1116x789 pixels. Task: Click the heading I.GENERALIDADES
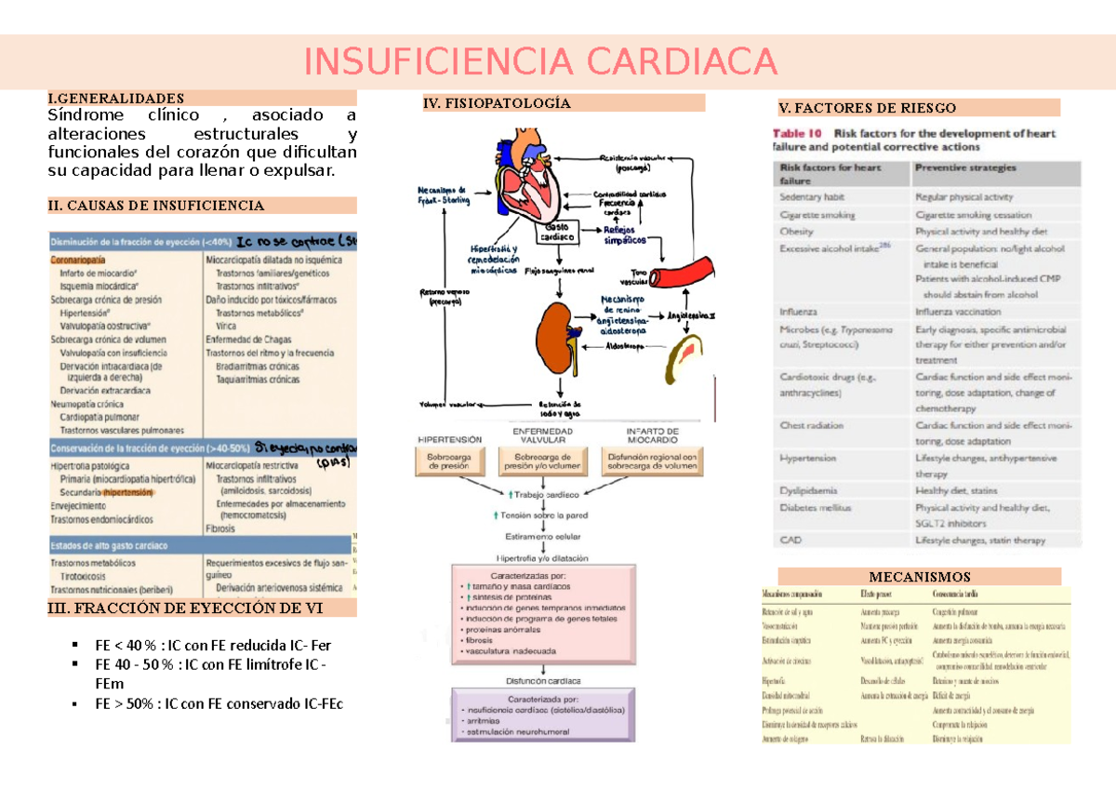116,98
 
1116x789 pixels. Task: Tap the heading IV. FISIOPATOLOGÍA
497,103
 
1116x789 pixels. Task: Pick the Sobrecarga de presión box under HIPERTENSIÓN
450,462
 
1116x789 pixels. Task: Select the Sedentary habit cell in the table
812,197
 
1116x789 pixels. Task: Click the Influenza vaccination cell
958,312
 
